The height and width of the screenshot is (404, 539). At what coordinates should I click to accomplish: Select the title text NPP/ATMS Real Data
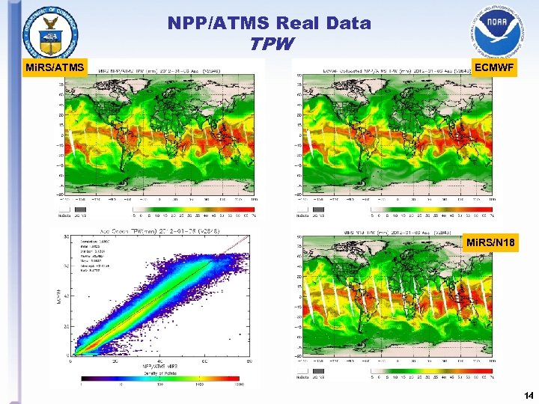[269, 23]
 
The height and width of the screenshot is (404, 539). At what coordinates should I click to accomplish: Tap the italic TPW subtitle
[269, 43]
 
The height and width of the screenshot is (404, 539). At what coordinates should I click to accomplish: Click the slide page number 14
[528, 394]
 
